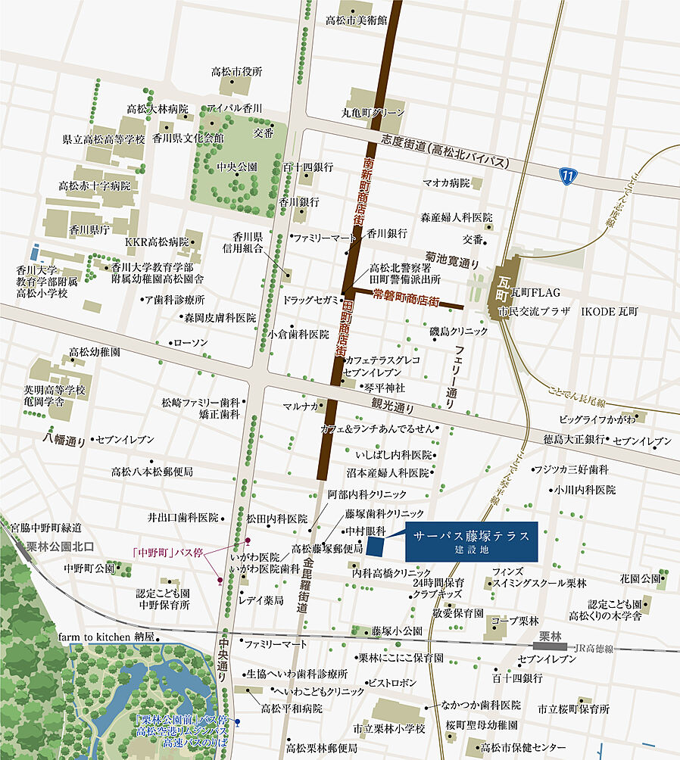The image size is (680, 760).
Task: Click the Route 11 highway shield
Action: click(x=566, y=176)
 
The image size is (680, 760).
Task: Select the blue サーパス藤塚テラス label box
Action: click(x=471, y=540)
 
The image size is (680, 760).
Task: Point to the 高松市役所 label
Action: click(x=236, y=72)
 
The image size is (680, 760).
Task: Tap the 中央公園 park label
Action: click(x=237, y=167)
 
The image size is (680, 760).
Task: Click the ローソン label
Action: click(x=191, y=343)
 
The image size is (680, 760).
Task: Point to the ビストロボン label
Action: click(x=391, y=682)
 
